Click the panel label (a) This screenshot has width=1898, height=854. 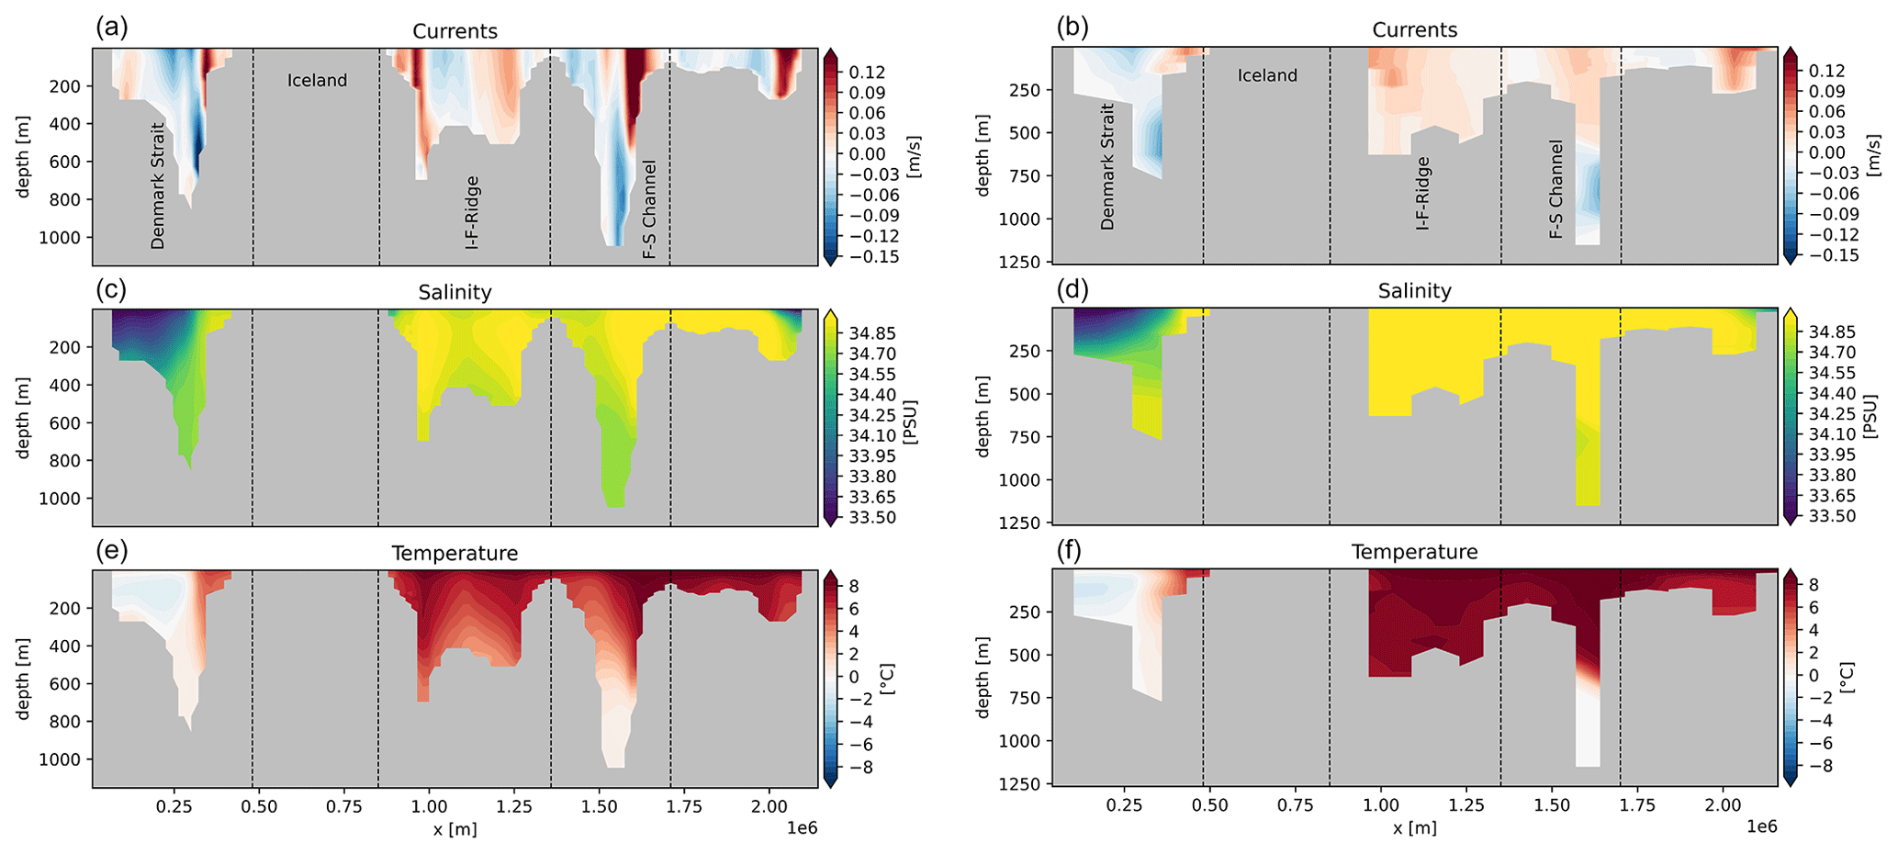tap(111, 28)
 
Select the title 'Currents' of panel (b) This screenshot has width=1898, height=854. tap(1414, 30)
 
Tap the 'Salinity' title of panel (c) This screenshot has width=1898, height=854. tap(455, 292)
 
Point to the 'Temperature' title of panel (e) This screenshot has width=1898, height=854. tap(455, 553)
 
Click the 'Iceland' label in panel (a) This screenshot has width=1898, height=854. tap(317, 81)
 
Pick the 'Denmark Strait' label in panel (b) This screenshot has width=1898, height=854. tap(1106, 166)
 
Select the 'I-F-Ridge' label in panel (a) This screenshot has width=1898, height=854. tap(472, 212)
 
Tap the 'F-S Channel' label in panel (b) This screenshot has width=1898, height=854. tap(1555, 189)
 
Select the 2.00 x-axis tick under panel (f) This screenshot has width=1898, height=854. tap(1723, 805)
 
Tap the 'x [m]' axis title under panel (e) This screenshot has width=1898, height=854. tap(455, 829)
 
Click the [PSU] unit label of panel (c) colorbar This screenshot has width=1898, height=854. tap(911, 421)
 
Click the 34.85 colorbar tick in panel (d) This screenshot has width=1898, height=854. tap(1832, 331)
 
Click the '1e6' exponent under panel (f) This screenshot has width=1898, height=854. tap(1761, 826)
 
